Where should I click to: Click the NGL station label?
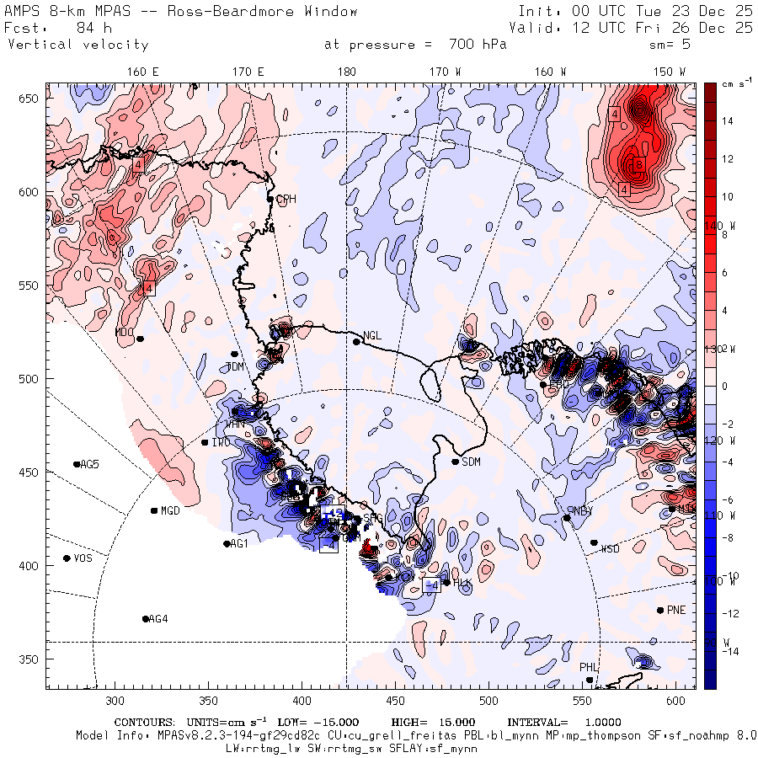[372, 335]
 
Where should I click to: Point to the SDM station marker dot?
[456, 462]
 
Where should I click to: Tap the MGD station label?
[171, 510]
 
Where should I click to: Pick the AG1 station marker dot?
[227, 544]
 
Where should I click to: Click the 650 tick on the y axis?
[31, 99]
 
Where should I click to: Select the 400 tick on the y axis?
[31, 565]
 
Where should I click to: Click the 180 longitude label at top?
[346, 72]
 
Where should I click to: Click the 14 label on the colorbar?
[728, 121]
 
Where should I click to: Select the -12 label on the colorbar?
[729, 612]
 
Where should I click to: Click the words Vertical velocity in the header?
[78, 45]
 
